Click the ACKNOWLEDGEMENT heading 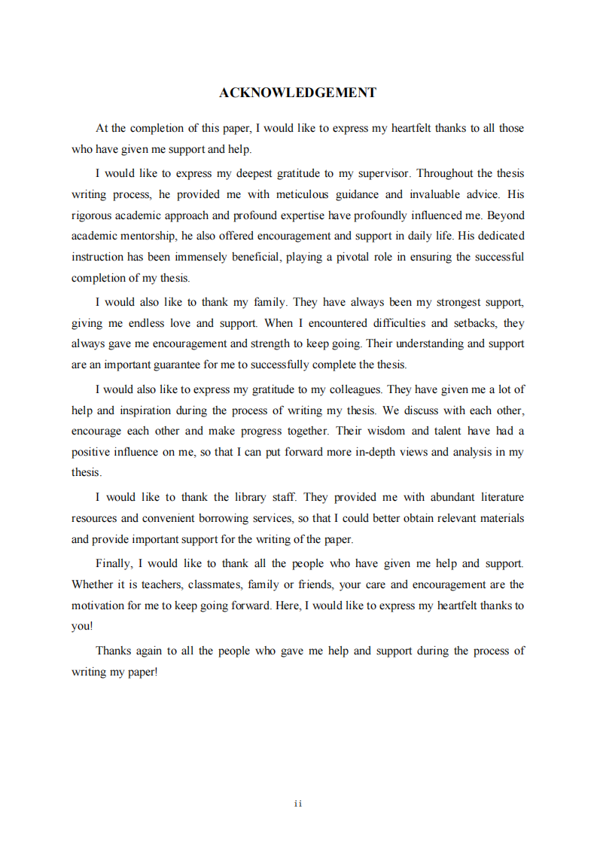(297, 93)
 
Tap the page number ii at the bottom (298, 804)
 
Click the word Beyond (507, 215)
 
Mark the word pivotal (346, 257)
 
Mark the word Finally (114, 563)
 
